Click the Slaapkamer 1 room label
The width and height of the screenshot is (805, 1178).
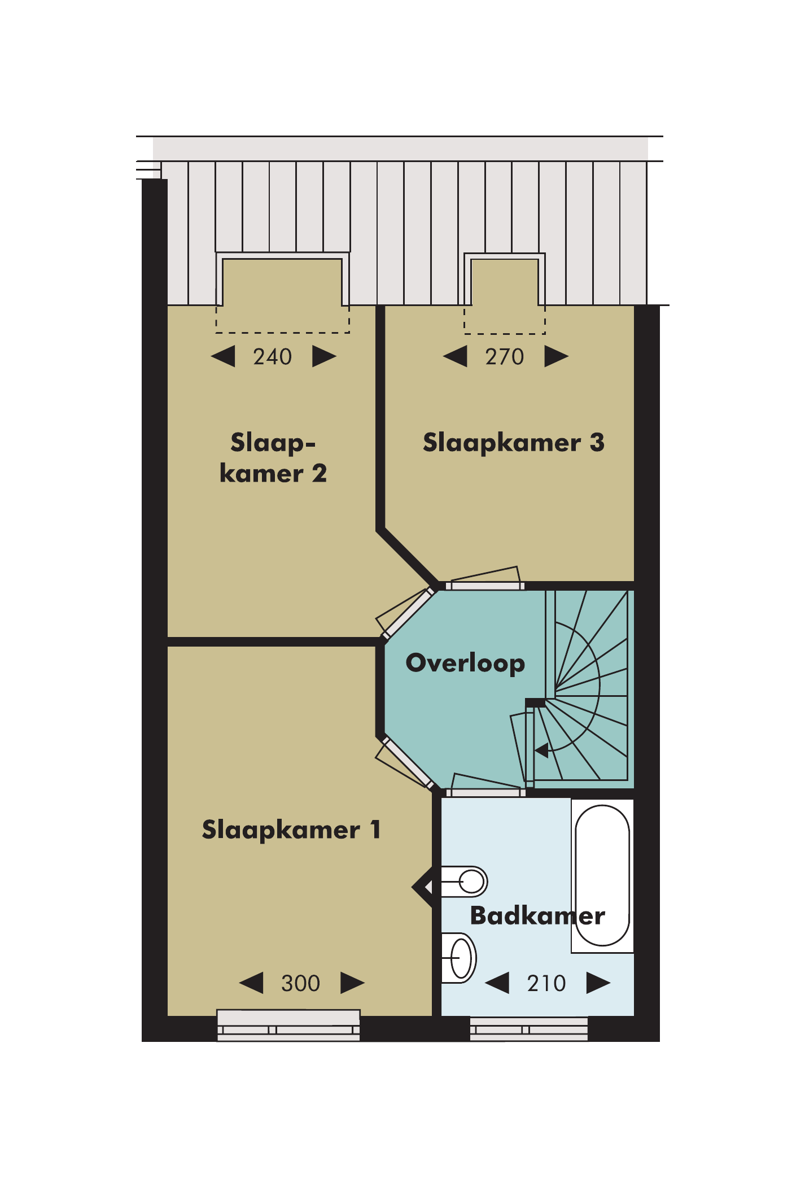click(x=291, y=830)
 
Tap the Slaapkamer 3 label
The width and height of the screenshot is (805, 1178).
click(x=514, y=443)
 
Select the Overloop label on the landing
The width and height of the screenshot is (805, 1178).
click(x=465, y=664)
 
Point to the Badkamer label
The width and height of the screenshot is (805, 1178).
click(x=537, y=915)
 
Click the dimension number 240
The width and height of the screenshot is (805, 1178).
click(x=273, y=357)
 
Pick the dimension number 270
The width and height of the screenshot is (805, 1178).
click(x=505, y=357)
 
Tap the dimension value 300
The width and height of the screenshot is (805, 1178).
click(x=301, y=983)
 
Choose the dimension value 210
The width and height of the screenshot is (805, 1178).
click(x=546, y=983)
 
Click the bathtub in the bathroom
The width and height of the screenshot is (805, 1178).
click(x=602, y=875)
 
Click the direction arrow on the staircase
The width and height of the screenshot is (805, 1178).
click(x=542, y=751)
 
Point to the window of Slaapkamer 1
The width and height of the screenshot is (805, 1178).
click(x=288, y=1026)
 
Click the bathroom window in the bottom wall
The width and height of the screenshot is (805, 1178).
click(x=529, y=1029)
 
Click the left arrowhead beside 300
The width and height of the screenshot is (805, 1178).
click(x=251, y=983)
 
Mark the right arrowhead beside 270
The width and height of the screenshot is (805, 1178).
click(x=557, y=356)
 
